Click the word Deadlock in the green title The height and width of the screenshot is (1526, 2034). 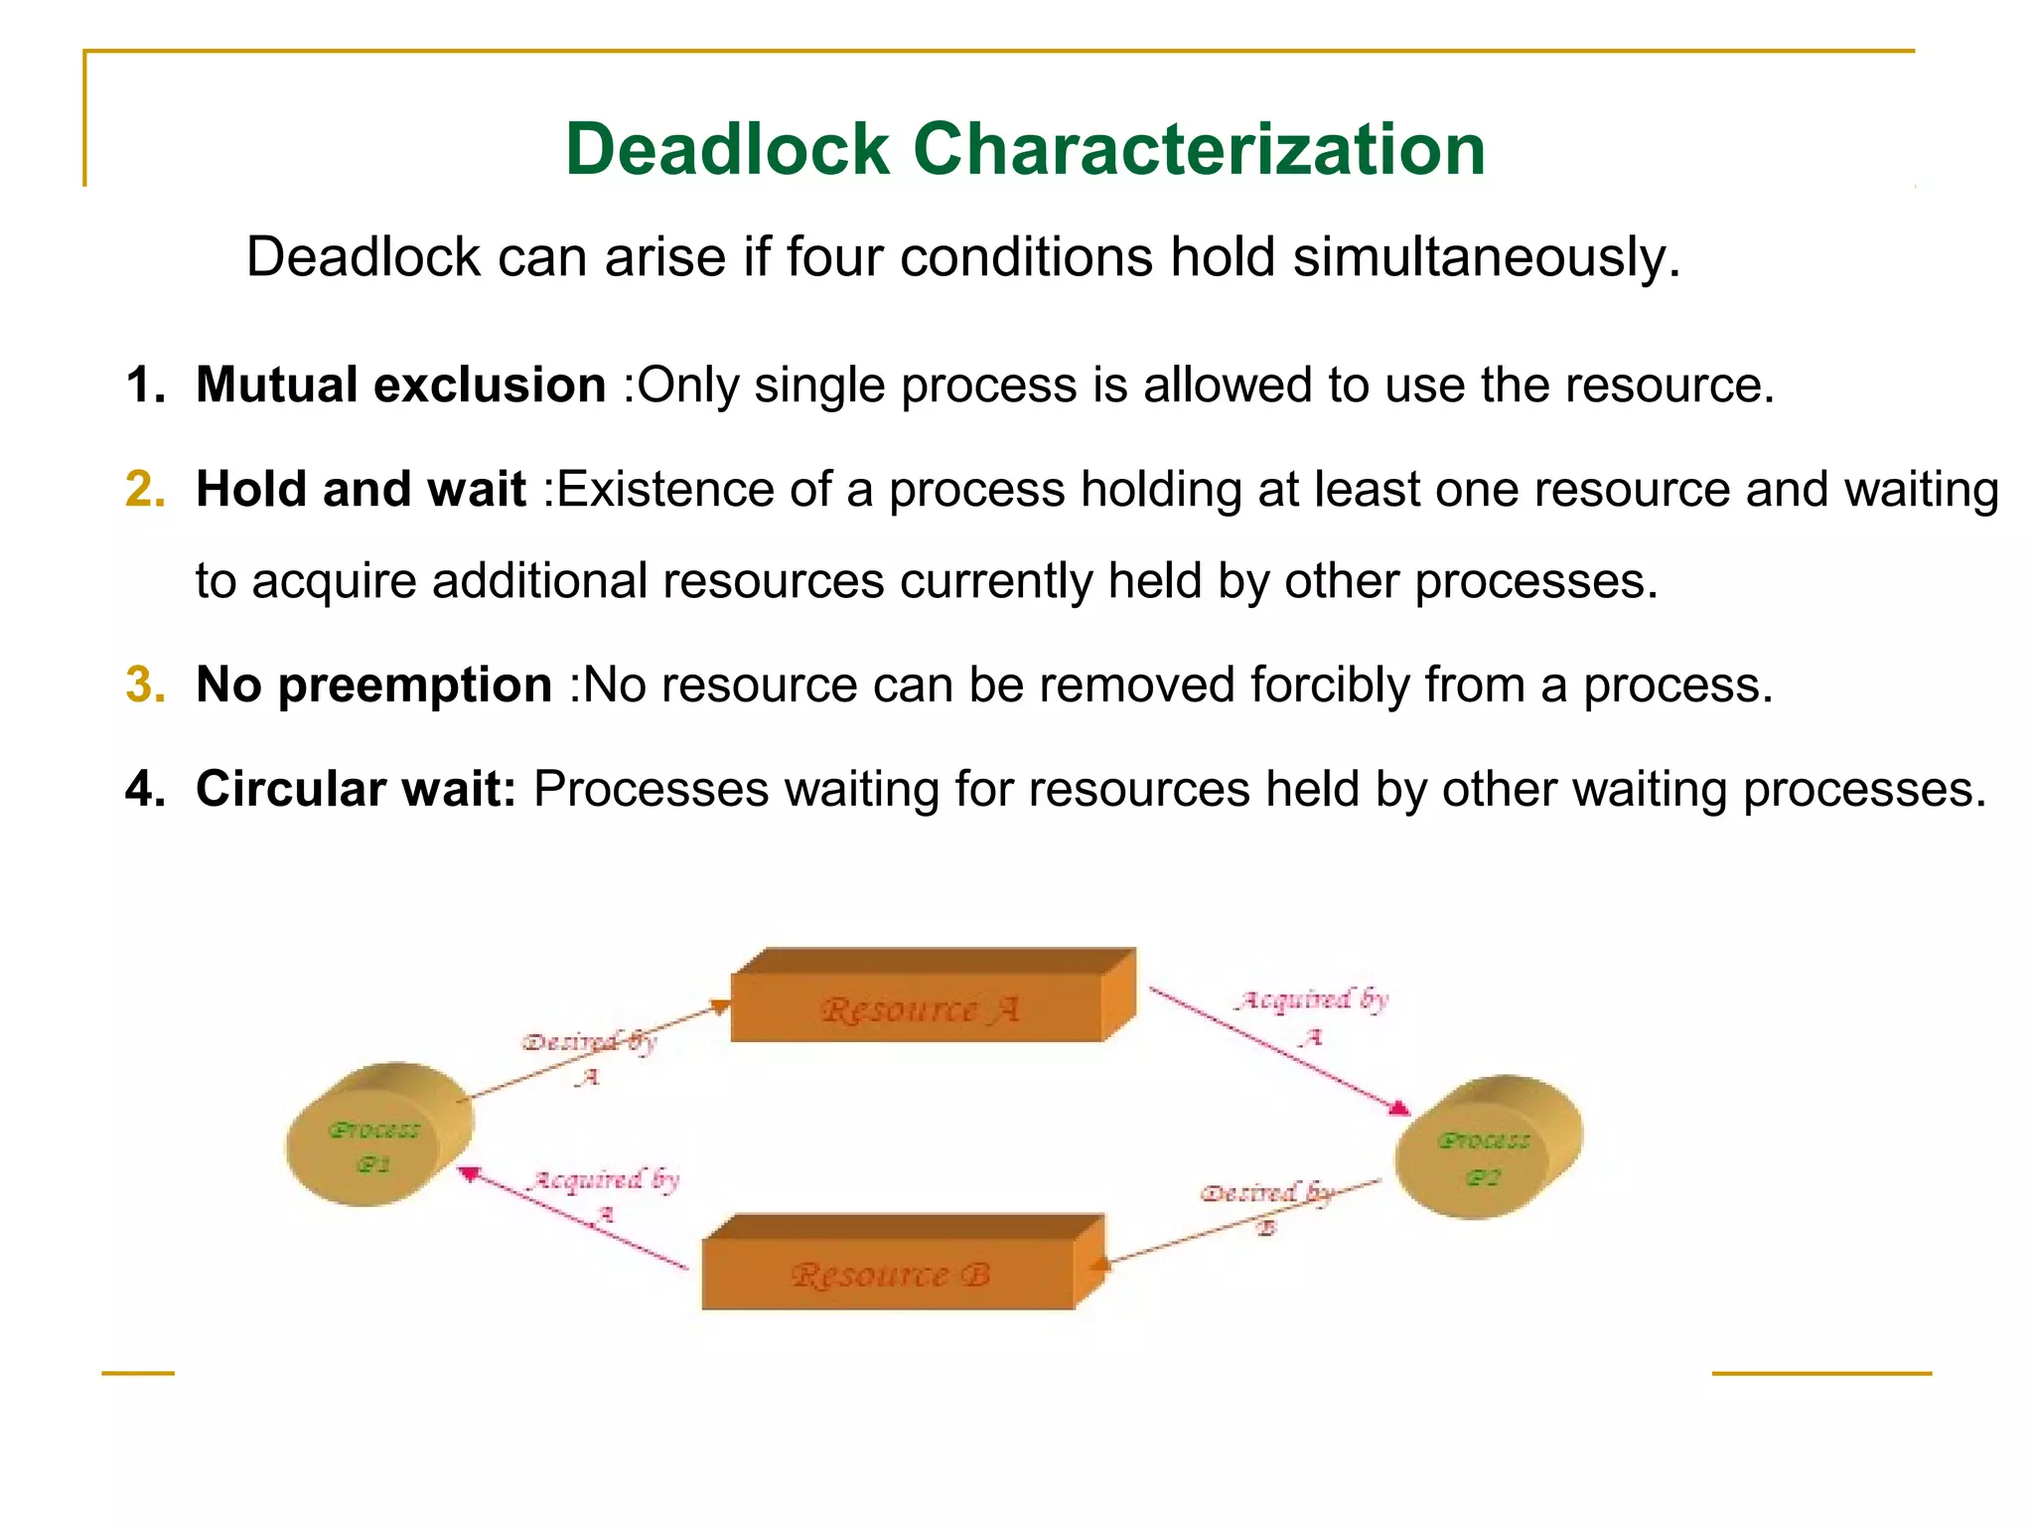point(727,149)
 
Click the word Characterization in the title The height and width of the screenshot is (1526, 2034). point(1199,149)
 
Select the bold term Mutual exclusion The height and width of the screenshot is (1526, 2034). point(400,384)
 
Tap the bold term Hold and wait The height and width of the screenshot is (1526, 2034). point(361,489)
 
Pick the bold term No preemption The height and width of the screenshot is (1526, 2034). point(373,685)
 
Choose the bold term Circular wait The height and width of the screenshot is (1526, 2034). point(356,789)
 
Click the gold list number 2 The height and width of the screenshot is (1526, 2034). point(145,489)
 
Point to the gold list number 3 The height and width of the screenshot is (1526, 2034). point(145,685)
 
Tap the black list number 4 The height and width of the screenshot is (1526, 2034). point(145,789)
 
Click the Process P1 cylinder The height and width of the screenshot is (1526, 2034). point(377,1135)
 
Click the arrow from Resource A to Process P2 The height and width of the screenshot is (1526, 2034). point(1276,1047)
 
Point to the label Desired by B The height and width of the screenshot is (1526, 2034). point(1265,1203)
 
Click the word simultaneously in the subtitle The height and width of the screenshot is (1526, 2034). point(1487,257)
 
